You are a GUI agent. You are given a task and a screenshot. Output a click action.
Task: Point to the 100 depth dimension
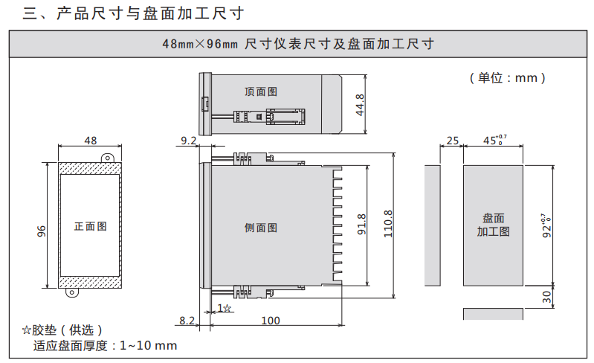(x=271, y=321)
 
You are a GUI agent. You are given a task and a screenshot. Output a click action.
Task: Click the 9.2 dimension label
(x=189, y=140)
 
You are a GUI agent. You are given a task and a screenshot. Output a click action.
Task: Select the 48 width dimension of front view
(x=91, y=141)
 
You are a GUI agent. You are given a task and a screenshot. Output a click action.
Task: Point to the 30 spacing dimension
(x=546, y=296)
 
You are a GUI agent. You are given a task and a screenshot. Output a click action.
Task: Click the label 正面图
(x=90, y=226)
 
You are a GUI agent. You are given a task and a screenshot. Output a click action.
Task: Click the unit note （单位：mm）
(x=508, y=77)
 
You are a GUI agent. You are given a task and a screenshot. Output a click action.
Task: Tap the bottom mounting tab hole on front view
(x=72, y=292)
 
